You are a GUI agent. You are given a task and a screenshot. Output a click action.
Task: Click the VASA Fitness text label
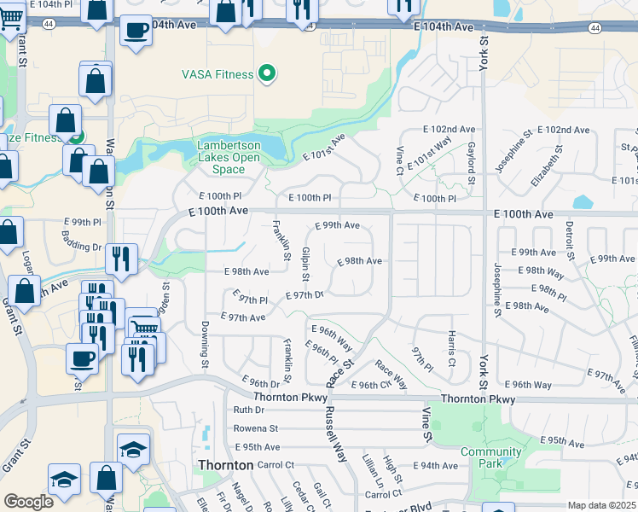click(217, 74)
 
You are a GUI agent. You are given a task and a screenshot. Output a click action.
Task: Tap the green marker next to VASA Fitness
click(267, 74)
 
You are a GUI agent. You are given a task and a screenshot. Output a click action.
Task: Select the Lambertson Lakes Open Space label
click(229, 157)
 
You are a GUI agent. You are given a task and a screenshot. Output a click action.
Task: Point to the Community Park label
click(490, 457)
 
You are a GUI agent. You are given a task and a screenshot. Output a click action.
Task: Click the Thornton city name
click(225, 465)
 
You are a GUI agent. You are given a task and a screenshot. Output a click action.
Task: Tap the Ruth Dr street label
click(249, 410)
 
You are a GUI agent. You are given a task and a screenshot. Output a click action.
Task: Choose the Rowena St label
click(255, 428)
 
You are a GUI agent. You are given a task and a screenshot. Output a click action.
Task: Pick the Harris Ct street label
click(451, 345)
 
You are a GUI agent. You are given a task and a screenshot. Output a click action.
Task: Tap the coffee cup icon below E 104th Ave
click(135, 32)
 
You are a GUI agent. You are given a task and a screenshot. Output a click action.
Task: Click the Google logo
click(29, 502)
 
